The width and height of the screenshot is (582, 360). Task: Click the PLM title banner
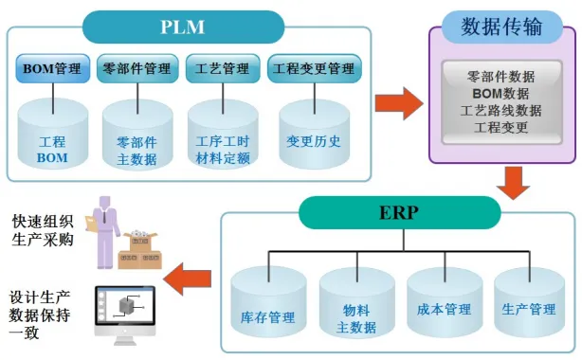coord(183,26)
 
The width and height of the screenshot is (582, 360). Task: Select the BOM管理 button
coord(54,68)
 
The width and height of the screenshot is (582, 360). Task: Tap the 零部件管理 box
coord(139,68)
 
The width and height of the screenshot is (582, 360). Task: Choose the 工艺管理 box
coord(222,68)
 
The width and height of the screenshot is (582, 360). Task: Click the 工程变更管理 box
coord(313,68)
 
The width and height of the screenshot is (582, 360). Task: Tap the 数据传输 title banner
coord(501,26)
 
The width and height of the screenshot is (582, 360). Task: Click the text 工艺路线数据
coord(501,110)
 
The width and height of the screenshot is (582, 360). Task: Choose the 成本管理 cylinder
coord(444,303)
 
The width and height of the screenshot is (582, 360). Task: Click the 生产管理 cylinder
coord(530,303)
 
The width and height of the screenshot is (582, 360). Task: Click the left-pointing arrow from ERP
coord(186,278)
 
